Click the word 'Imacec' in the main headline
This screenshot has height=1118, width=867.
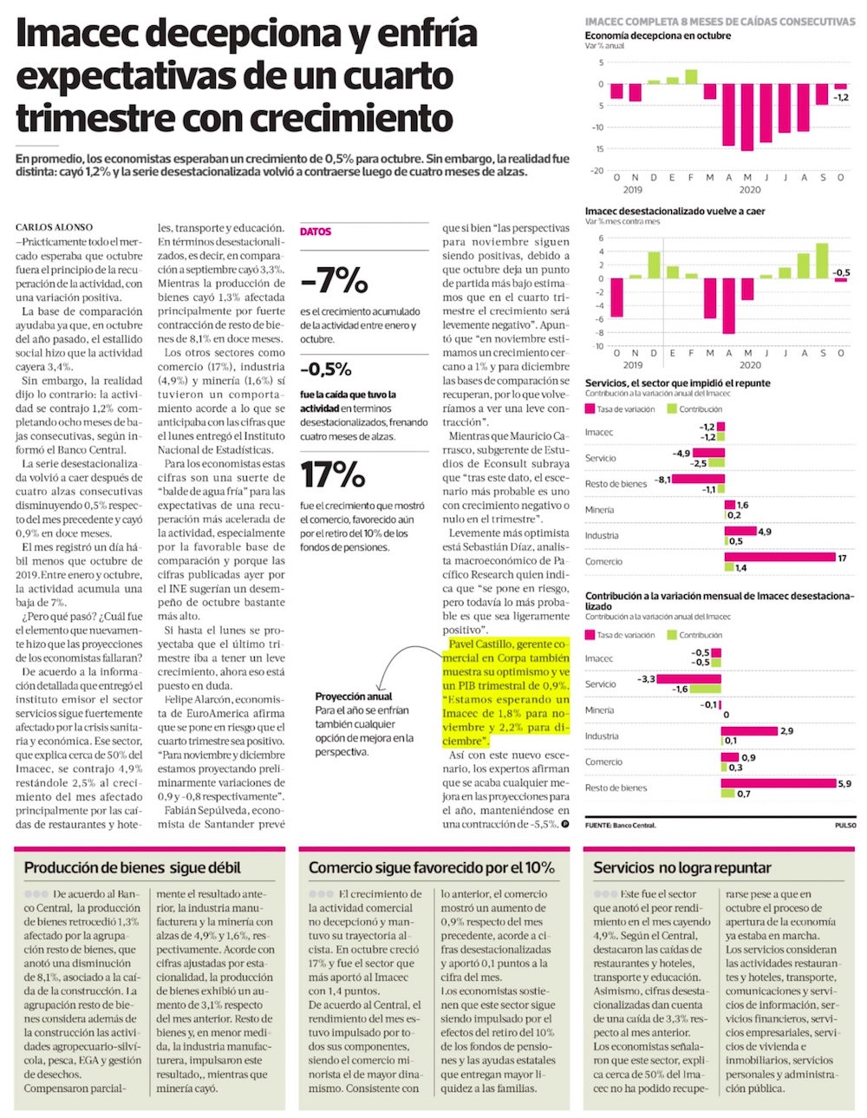[73, 35]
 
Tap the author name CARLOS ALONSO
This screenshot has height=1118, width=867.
[54, 227]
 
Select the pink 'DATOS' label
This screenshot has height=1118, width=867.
[316, 232]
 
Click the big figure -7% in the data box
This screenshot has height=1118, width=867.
[334, 280]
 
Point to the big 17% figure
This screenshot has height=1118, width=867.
[333, 474]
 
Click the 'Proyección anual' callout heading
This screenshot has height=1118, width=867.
[354, 696]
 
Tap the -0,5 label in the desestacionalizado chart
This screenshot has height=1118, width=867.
[841, 272]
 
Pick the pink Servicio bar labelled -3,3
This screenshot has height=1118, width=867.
[689, 679]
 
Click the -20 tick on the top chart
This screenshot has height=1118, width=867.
[596, 171]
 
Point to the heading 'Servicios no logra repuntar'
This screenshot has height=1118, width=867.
[681, 867]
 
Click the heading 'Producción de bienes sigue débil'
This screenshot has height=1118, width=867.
[133, 867]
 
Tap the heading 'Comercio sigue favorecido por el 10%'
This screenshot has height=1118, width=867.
[431, 867]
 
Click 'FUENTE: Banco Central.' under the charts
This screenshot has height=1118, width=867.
[621, 825]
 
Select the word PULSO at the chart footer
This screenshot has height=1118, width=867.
[844, 825]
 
